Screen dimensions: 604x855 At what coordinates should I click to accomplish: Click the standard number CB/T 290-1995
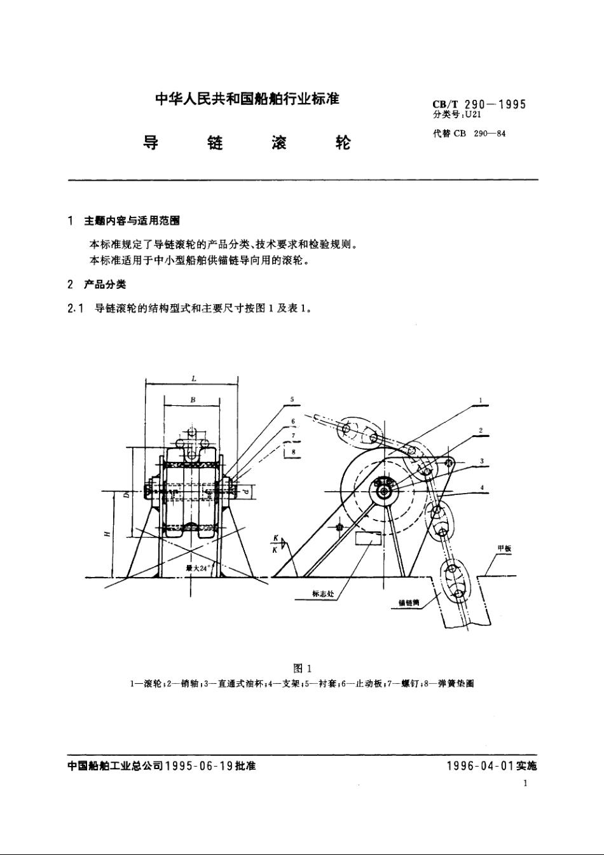(x=479, y=105)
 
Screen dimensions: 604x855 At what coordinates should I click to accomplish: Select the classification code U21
(x=474, y=115)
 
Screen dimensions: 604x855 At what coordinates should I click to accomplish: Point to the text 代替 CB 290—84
(x=469, y=134)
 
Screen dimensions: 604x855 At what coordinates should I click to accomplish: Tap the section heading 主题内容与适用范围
(x=132, y=221)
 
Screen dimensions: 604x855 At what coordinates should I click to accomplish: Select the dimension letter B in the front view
(x=193, y=400)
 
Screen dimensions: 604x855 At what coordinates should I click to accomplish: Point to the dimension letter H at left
(x=106, y=534)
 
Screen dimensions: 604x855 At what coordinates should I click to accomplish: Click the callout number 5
(x=292, y=400)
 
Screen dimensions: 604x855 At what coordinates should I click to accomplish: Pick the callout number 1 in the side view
(x=481, y=401)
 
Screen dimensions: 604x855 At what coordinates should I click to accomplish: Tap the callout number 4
(x=483, y=488)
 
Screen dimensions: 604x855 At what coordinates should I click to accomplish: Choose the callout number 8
(x=293, y=452)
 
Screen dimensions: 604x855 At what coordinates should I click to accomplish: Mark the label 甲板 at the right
(x=504, y=548)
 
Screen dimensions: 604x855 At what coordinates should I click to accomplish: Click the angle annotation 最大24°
(x=198, y=567)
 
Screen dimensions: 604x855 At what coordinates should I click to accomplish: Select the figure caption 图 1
(x=302, y=669)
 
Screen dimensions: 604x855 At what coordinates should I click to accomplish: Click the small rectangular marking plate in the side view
(x=368, y=538)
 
